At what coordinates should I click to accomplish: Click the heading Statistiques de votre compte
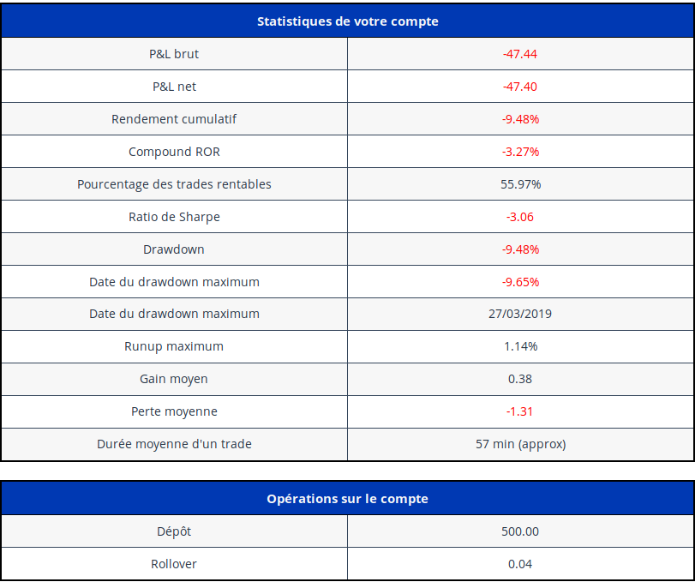click(347, 21)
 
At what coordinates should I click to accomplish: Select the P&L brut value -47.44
click(520, 54)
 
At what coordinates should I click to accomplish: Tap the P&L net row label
click(174, 87)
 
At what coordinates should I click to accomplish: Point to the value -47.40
click(520, 87)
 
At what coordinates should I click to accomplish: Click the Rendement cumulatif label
click(174, 119)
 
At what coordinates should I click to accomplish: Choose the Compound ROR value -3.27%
click(520, 152)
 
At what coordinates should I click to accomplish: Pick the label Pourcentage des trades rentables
click(174, 184)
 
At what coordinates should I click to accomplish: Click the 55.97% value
click(520, 184)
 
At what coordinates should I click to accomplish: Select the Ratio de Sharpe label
click(174, 217)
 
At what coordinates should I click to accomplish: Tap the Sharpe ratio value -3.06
click(520, 217)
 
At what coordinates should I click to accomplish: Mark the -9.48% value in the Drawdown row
click(520, 249)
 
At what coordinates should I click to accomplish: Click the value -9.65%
click(520, 282)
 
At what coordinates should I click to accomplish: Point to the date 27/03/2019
click(520, 314)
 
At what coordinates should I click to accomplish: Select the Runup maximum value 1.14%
click(520, 346)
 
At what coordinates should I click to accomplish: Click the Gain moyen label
click(174, 379)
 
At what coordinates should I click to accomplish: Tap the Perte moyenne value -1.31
click(520, 411)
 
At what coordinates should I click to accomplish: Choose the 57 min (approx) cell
click(520, 444)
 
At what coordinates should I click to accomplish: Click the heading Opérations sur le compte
click(347, 499)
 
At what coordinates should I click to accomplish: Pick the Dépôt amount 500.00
click(520, 531)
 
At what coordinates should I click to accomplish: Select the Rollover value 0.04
click(520, 564)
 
